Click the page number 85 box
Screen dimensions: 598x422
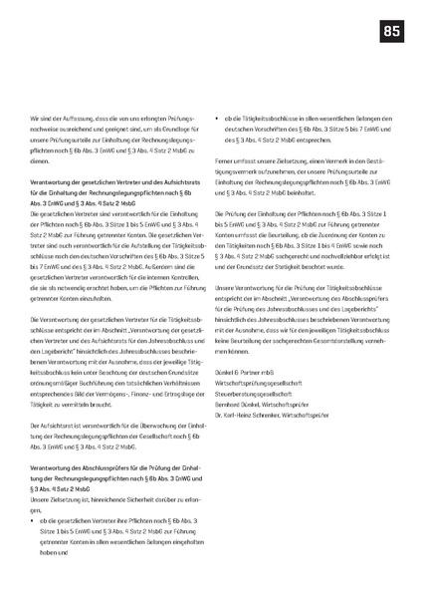tap(391, 33)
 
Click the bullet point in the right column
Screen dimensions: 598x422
tap(218, 118)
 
